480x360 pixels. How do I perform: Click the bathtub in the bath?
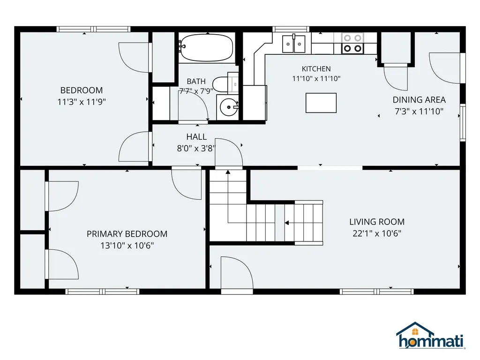pyautogui.click(x=206, y=48)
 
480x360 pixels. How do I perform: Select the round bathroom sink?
pyautogui.click(x=228, y=107)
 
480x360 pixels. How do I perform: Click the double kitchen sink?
pyautogui.click(x=293, y=44)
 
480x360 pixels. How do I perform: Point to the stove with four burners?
pyautogui.click(x=352, y=43)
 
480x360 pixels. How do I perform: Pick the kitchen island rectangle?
pyautogui.click(x=321, y=103)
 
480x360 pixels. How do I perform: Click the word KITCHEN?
pyautogui.click(x=316, y=69)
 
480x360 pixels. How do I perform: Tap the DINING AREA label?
pyautogui.click(x=419, y=100)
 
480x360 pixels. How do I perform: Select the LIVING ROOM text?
pyautogui.click(x=377, y=222)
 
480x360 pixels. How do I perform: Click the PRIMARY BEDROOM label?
pyautogui.click(x=127, y=234)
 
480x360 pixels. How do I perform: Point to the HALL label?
pyautogui.click(x=196, y=137)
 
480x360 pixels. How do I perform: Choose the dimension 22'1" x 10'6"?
pyautogui.click(x=377, y=233)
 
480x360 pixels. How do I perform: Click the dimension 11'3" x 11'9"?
pyautogui.click(x=82, y=102)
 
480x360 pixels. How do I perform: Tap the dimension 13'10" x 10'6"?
pyautogui.click(x=127, y=246)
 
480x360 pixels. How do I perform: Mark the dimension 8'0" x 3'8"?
pyautogui.click(x=196, y=149)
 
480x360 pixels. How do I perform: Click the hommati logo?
pyautogui.click(x=431, y=336)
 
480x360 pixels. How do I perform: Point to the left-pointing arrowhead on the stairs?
pyautogui.click(x=287, y=223)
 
